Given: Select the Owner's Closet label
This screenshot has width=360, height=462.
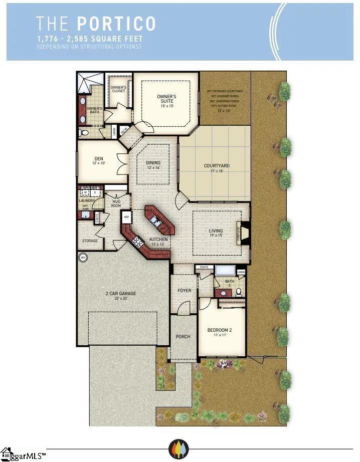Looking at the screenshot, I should [x=118, y=89].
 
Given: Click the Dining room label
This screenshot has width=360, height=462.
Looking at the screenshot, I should [x=153, y=165].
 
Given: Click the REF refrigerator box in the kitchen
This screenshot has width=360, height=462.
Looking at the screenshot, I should [x=126, y=218].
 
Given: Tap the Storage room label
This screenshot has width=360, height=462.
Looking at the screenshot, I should [x=90, y=241].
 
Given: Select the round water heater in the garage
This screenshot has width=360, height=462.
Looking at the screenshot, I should [x=83, y=258].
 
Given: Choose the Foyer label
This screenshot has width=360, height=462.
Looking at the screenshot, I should [x=185, y=291].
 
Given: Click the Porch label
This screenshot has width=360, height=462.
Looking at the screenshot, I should [x=183, y=336].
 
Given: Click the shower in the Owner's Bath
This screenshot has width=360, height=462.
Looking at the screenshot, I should [x=90, y=82].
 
